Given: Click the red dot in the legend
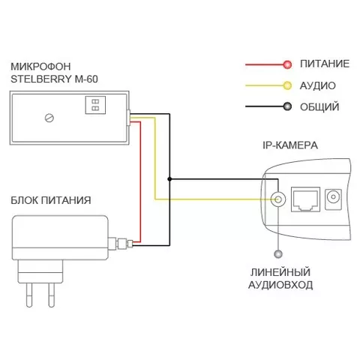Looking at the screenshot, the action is click(x=287, y=64).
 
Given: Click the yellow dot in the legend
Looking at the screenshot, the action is click(x=287, y=85).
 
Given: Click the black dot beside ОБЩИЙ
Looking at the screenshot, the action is click(x=287, y=106).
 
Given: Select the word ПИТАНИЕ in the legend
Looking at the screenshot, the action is click(x=325, y=64).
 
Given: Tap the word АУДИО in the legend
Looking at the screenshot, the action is click(x=317, y=85).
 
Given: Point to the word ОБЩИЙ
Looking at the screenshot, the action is click(x=319, y=107).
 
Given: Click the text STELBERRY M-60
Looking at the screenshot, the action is click(x=54, y=79).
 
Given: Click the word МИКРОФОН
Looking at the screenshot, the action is click(x=40, y=67).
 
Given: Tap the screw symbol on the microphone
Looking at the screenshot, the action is click(x=49, y=118).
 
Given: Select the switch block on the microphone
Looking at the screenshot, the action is click(x=95, y=105).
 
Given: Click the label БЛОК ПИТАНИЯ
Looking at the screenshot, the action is click(x=51, y=200).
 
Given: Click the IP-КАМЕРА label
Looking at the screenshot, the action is click(x=290, y=145).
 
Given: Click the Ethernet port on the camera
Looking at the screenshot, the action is click(x=306, y=199).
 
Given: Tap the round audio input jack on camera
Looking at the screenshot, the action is click(x=278, y=199).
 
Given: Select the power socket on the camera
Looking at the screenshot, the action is click(x=333, y=199).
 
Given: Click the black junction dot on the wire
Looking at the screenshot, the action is click(x=169, y=179).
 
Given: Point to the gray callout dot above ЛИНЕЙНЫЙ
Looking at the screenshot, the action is click(x=278, y=254).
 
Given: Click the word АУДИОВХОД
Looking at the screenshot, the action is click(x=280, y=285).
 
